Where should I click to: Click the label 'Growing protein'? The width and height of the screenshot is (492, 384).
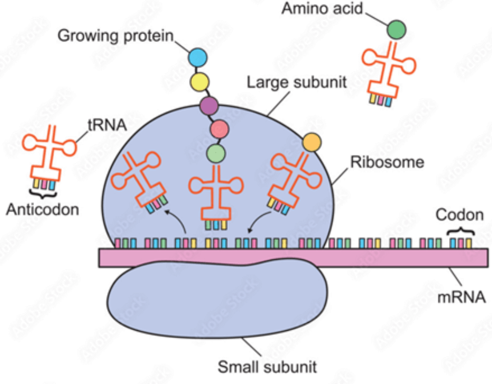pyautogui.click(x=116, y=36)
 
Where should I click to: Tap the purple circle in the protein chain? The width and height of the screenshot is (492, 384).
pyautogui.click(x=210, y=105)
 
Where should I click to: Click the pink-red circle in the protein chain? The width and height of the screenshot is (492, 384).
pyautogui.click(x=219, y=129)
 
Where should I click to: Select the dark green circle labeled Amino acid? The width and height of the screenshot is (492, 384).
pyautogui.click(x=397, y=30)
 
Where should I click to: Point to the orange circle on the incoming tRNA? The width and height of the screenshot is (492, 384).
pyautogui.click(x=311, y=142)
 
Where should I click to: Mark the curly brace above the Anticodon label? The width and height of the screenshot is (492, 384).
pyautogui.click(x=42, y=193)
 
